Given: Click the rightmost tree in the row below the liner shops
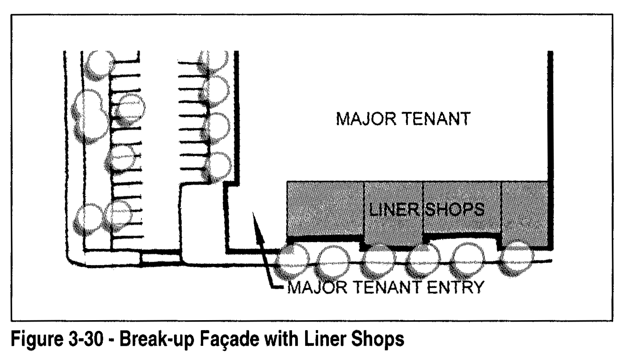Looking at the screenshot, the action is click(x=517, y=259).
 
